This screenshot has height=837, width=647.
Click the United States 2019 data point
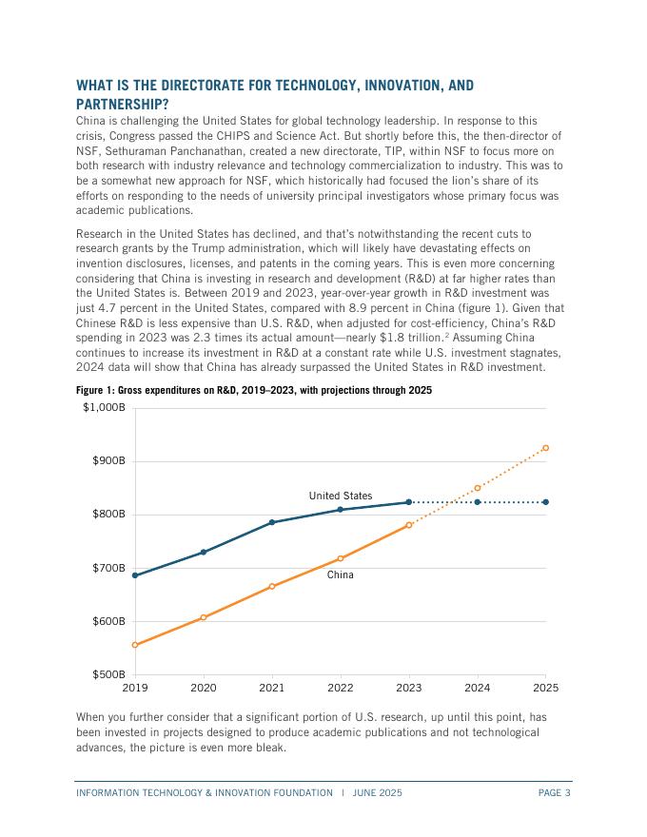[135, 575]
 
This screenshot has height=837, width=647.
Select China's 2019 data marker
[135, 645]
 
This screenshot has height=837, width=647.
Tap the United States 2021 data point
[272, 522]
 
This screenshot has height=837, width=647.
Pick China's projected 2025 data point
[545, 448]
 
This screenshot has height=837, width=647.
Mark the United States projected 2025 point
[545, 502]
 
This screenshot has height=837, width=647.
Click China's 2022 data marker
[341, 558]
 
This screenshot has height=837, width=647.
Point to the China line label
[340, 574]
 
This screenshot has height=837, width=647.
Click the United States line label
[341, 496]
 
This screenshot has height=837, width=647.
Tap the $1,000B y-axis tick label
[104, 408]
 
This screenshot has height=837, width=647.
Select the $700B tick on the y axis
[108, 569]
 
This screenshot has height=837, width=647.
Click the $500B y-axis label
[108, 675]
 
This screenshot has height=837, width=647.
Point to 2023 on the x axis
[409, 688]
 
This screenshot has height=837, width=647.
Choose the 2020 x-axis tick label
[204, 688]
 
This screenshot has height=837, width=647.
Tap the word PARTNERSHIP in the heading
[122, 104]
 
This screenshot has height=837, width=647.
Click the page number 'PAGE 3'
[554, 792]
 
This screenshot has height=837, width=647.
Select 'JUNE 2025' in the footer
[377, 792]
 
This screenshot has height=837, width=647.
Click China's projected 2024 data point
[478, 488]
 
